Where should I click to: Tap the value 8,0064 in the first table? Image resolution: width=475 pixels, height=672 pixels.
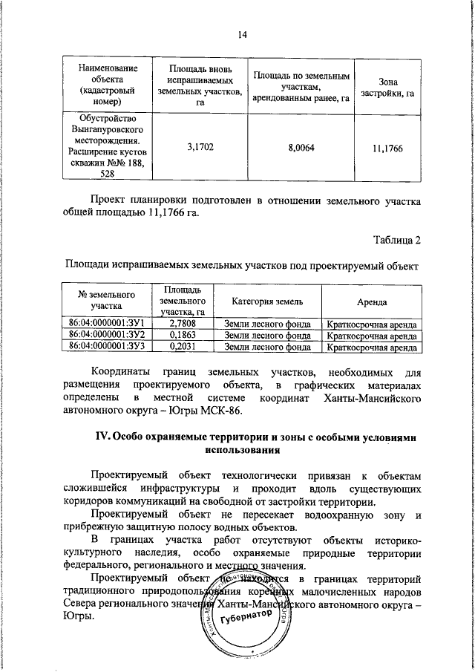coord(301,148)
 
